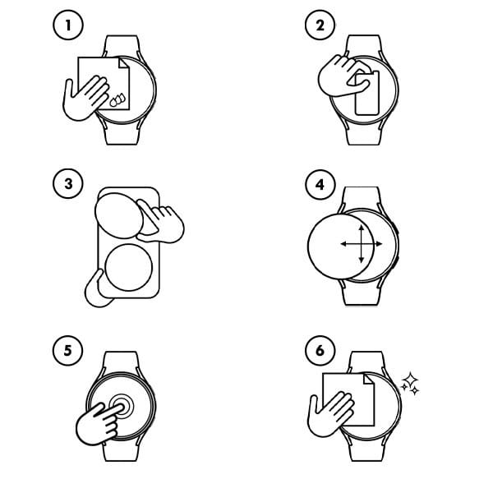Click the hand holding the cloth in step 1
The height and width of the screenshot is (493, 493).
click(85, 94)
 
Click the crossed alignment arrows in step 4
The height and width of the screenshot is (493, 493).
click(355, 245)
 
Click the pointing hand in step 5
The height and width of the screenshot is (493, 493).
click(97, 421)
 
